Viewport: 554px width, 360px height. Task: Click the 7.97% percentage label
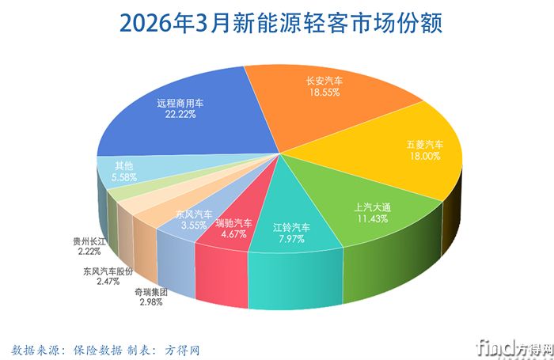(x=290, y=239)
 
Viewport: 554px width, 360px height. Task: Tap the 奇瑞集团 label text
(x=150, y=292)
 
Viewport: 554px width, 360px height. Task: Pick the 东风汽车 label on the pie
(x=193, y=214)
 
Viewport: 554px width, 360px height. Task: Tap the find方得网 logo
(x=507, y=347)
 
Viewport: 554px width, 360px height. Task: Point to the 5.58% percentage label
(x=124, y=178)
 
